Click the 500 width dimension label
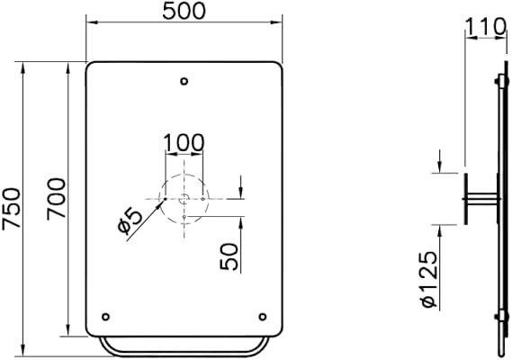pyautogui.click(x=184, y=11)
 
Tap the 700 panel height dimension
pyautogui.click(x=56, y=199)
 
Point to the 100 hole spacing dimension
pyautogui.click(x=184, y=143)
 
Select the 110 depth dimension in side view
pyautogui.click(x=486, y=26)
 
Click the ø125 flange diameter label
pyautogui.click(x=428, y=280)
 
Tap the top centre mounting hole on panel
pyautogui.click(x=184, y=81)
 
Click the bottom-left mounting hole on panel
pyautogui.click(x=105, y=317)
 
